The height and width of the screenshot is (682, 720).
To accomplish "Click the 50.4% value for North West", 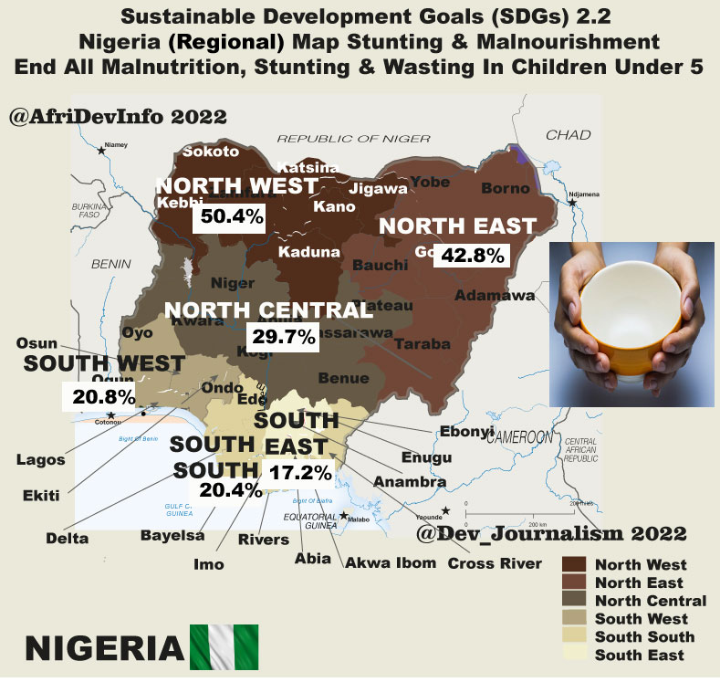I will click(228, 217).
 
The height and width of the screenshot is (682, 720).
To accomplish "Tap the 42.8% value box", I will click(472, 255).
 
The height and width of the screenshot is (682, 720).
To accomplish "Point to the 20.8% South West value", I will click(96, 395).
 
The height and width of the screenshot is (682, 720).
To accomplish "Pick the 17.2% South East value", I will click(298, 473).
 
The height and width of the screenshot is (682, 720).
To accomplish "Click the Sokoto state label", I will click(211, 152).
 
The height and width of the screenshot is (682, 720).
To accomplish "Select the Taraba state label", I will click(423, 344).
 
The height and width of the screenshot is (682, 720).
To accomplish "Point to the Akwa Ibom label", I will click(390, 563).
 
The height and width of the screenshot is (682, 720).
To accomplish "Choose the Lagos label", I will click(40, 460).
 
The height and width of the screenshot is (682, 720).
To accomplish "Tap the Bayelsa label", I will click(172, 534).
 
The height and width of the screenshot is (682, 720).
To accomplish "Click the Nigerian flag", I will click(224, 645).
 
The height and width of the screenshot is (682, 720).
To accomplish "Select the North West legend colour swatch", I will click(573, 565).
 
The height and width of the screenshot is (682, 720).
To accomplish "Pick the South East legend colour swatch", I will click(573, 655).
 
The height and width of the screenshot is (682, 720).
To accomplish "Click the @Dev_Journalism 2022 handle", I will click(550, 530).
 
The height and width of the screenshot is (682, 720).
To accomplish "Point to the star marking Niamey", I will click(100, 150).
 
